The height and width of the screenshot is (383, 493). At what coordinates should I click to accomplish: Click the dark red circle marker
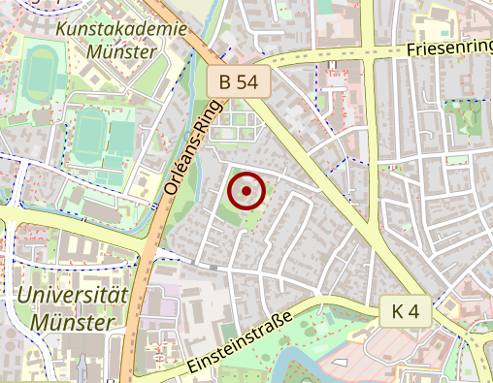coord(246,191)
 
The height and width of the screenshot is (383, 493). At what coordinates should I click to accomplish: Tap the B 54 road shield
coord(238,82)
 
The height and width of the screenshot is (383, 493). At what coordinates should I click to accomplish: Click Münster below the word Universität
coord(72,320)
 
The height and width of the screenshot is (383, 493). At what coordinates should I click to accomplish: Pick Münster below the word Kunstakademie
coord(121,51)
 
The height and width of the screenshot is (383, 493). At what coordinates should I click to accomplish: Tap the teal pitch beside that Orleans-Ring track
coord(122,138)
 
